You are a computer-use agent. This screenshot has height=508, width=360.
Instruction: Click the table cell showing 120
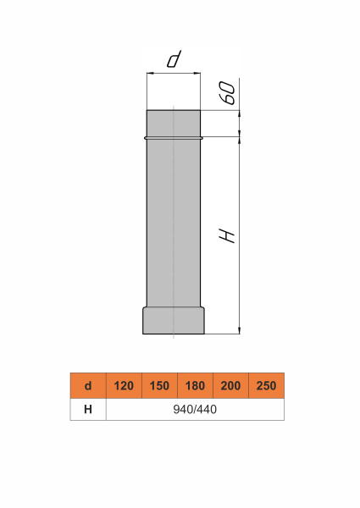(124, 385)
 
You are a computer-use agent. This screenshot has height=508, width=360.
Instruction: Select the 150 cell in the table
(159, 385)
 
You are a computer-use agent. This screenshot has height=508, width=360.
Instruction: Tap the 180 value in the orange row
(195, 385)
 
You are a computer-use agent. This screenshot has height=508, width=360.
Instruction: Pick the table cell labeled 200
(230, 385)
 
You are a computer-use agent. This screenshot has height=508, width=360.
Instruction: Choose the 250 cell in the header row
(266, 385)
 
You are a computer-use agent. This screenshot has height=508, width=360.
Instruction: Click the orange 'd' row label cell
(88, 385)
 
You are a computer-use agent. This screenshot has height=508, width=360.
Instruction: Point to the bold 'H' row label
(88, 410)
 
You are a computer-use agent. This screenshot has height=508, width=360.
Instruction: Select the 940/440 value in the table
(195, 410)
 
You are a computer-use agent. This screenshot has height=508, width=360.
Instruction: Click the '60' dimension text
(229, 93)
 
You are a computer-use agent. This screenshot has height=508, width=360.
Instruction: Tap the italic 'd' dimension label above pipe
(174, 59)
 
